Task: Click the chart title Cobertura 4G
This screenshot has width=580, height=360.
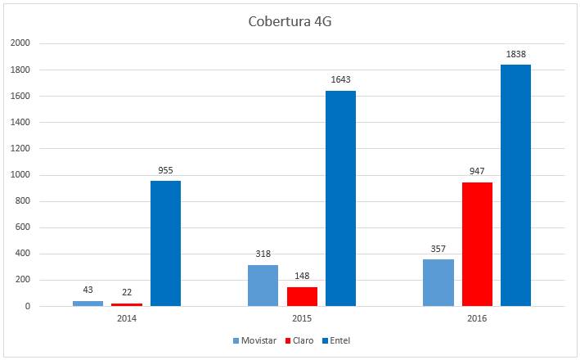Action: [290, 21]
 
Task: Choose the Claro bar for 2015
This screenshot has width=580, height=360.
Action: [302, 296]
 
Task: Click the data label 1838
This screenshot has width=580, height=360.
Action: [515, 54]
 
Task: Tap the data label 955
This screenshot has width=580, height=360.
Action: [165, 170]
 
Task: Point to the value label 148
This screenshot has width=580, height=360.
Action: [302, 277]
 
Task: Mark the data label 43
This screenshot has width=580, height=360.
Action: [88, 290]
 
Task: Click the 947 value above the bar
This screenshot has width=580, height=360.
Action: [477, 172]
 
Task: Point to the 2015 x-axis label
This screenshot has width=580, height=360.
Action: [302, 317]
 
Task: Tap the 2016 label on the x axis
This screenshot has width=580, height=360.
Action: [477, 317]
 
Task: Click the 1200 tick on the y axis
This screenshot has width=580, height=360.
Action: [20, 149]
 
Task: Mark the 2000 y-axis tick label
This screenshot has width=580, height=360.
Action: [20, 43]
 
